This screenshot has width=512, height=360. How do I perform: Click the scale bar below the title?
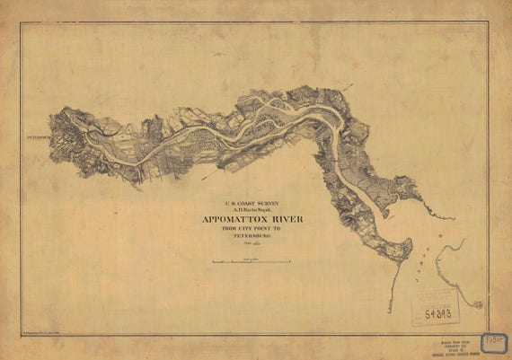[251, 261]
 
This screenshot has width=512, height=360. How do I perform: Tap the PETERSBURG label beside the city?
[36, 137]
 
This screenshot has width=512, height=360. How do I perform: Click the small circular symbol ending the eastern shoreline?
[480, 305]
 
